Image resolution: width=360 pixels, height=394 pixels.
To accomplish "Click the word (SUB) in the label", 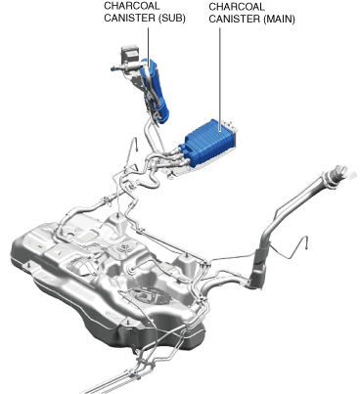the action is (172, 18).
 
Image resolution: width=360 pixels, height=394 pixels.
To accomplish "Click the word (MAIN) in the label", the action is (279, 19).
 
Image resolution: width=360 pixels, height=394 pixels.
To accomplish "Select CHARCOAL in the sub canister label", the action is (132, 6).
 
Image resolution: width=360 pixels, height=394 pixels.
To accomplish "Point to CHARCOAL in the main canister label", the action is (237, 7).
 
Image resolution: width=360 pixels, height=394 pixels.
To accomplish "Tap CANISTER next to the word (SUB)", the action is (130, 18).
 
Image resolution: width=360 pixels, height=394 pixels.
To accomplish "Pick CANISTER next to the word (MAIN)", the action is (235, 19).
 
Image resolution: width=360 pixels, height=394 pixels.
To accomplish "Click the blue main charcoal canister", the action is (208, 144).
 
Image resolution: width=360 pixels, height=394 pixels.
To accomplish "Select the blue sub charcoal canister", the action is (155, 91).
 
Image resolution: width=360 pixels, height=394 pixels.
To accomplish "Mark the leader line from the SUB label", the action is (149, 47).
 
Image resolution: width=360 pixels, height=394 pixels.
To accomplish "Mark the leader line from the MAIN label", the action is (220, 80).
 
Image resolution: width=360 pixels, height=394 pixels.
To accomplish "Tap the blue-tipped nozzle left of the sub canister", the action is (113, 68).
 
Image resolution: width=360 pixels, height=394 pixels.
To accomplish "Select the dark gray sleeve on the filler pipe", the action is (260, 266).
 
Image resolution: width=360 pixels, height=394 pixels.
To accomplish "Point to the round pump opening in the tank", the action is (151, 294).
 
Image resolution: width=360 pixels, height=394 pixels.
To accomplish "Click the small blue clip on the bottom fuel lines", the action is (135, 372).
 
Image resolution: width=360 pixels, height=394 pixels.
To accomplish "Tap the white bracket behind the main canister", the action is (229, 126).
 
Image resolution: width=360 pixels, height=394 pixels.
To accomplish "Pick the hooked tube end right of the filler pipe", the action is (306, 242).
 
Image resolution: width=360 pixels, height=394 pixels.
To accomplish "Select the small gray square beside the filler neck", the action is (352, 175).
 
